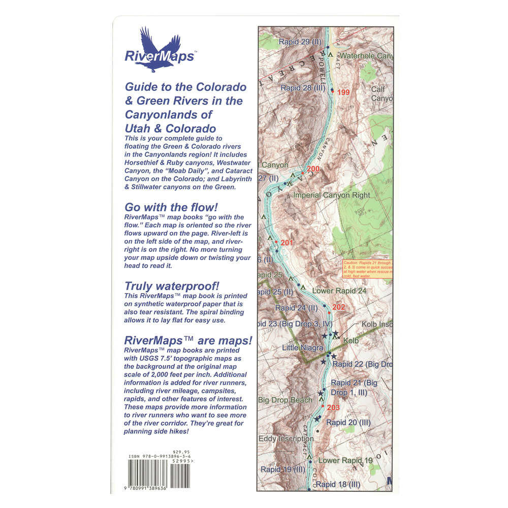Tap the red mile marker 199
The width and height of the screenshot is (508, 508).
[343, 92]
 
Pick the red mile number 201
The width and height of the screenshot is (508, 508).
[287, 242]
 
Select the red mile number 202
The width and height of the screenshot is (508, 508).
[338, 307]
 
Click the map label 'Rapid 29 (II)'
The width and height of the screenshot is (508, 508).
[302, 41]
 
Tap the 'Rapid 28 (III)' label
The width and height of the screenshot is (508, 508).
[303, 88]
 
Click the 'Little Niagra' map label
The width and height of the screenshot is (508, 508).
[303, 348]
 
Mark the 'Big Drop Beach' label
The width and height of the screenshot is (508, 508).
[285, 400]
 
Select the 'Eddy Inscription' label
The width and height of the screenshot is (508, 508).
[286, 438]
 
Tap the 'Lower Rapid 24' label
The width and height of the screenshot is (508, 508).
[339, 291]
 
